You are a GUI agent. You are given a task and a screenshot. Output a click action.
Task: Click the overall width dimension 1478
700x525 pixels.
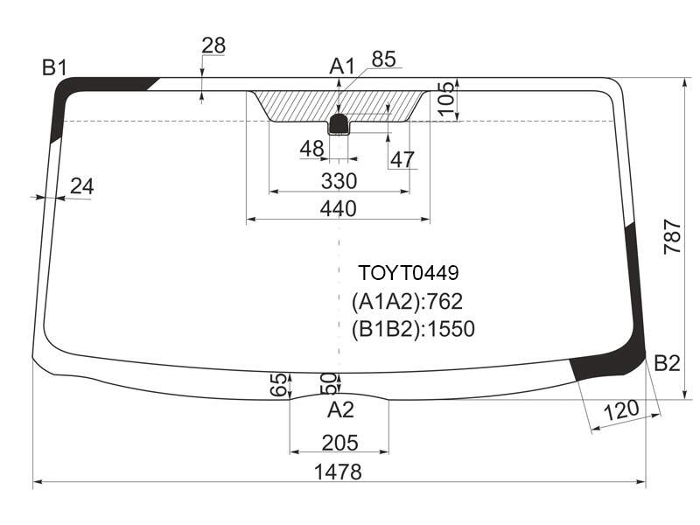click(x=338, y=472)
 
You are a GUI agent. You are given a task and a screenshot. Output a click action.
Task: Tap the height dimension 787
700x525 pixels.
click(x=673, y=237)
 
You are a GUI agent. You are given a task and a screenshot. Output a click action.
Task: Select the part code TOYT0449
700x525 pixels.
click(x=409, y=273)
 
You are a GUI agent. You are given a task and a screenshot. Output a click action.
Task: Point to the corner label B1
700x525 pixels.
click(x=54, y=68)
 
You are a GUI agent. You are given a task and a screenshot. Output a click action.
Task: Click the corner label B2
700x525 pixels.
click(x=667, y=363)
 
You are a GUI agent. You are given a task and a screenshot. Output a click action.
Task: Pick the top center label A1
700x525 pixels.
click(x=341, y=66)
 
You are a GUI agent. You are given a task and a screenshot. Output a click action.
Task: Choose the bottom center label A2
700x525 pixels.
click(x=340, y=409)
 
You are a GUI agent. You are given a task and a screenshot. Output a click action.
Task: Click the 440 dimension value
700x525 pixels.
click(x=339, y=208)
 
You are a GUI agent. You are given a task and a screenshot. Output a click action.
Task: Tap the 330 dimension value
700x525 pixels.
click(x=339, y=181)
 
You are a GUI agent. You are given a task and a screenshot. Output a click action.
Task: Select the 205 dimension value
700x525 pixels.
click(x=339, y=443)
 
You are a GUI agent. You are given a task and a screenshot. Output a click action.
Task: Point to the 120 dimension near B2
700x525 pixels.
click(x=621, y=409)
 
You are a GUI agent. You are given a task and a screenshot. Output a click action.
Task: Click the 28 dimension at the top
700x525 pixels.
click(x=213, y=45)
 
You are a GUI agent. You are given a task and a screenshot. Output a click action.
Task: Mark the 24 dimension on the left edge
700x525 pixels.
click(x=82, y=186)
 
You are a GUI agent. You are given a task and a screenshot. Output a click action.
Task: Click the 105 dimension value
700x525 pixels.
click(x=446, y=99)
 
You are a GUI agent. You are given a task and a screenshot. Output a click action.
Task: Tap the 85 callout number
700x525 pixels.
click(x=383, y=59)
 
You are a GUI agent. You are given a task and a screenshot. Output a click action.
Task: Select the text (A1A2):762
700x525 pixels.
click(x=407, y=302)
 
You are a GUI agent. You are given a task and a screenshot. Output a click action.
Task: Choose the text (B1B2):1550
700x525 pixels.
click(x=413, y=329)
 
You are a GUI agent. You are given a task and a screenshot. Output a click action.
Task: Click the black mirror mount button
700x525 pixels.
click(x=339, y=124)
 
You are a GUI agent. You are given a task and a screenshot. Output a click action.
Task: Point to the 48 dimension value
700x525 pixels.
click(x=311, y=149)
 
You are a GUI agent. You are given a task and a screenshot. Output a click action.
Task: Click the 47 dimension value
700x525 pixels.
click(x=402, y=159)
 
